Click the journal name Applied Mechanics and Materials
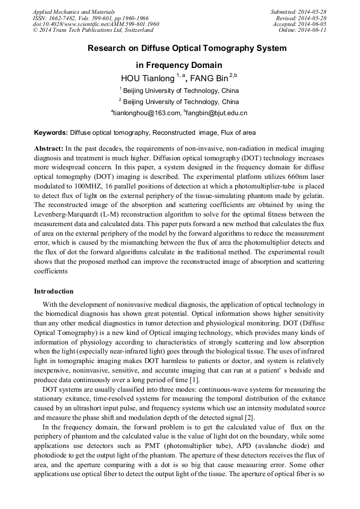(73, 11)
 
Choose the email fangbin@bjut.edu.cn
(217, 113)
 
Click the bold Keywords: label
(51, 132)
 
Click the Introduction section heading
(54, 291)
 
